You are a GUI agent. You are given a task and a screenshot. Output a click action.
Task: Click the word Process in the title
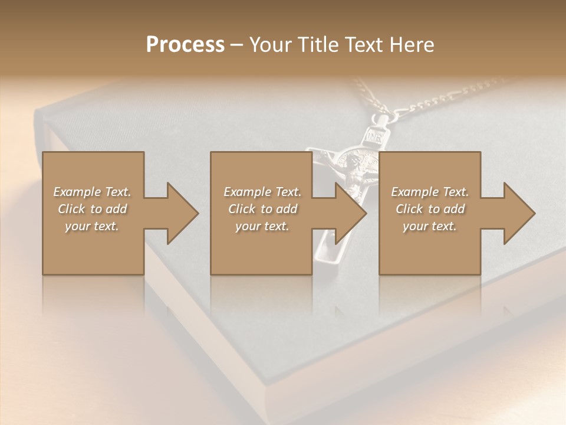pyautogui.click(x=185, y=45)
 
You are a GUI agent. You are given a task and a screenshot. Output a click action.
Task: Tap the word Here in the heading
pyautogui.click(x=411, y=45)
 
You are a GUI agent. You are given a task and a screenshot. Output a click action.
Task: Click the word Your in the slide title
pyautogui.click(x=272, y=45)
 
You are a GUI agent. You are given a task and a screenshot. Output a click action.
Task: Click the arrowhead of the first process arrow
pyautogui.click(x=182, y=213)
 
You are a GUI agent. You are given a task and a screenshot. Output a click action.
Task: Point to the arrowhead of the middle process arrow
pyautogui.click(x=350, y=213)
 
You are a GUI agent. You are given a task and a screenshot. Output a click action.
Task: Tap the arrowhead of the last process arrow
pyautogui.click(x=519, y=213)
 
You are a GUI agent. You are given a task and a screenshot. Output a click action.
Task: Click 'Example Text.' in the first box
pyautogui.click(x=92, y=192)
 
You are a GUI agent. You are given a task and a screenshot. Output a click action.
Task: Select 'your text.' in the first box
pyautogui.click(x=92, y=226)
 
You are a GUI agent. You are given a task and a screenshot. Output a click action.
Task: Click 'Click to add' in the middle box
pyautogui.click(x=262, y=209)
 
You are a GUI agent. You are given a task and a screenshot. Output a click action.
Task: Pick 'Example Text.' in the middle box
pyautogui.click(x=262, y=192)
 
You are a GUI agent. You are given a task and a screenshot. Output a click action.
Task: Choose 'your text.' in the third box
pyautogui.click(x=430, y=226)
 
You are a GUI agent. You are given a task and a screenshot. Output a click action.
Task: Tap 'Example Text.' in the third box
pyautogui.click(x=430, y=192)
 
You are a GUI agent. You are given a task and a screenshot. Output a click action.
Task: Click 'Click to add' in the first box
pyautogui.click(x=92, y=209)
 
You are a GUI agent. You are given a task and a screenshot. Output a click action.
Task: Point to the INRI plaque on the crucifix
pyautogui.click(x=375, y=135)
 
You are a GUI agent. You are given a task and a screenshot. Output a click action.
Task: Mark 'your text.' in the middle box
pyautogui.click(x=262, y=226)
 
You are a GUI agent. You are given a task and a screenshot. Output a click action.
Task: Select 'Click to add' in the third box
pyautogui.click(x=430, y=209)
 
